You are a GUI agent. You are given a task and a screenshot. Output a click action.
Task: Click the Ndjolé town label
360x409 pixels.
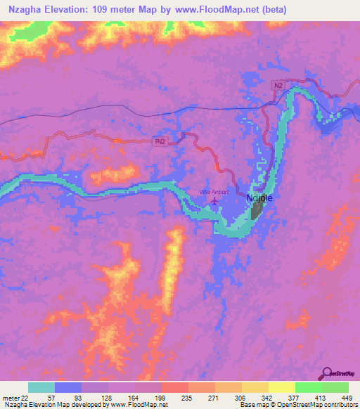click(x=259, y=198)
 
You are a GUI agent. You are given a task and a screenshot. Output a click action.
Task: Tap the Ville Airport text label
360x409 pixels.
click(x=214, y=192)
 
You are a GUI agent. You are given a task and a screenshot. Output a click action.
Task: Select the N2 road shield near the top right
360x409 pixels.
click(x=278, y=85)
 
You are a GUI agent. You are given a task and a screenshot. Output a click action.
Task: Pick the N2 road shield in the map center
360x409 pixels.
click(x=160, y=141)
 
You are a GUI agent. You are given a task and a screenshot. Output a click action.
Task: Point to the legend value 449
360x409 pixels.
click(x=345, y=397)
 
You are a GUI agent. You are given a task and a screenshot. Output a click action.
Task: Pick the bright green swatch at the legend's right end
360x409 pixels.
click(x=335, y=387)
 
